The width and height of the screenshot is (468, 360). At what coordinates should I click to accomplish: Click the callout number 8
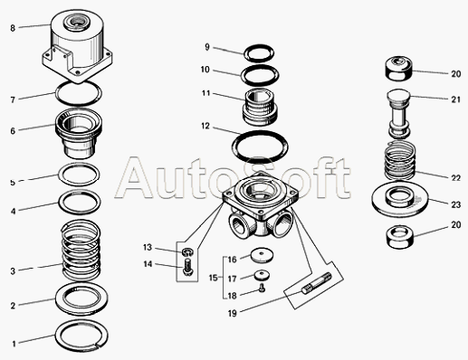[13, 28]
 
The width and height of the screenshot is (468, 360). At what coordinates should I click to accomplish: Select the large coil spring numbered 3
[81, 250]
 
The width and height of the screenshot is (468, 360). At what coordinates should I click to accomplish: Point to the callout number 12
[205, 126]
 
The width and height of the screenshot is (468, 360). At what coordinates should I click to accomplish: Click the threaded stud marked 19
[316, 282]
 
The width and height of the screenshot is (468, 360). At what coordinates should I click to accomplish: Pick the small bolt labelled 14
[187, 266]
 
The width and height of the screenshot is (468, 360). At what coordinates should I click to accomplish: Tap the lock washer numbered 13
[187, 251]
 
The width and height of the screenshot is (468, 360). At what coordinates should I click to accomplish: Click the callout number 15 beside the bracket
[214, 278]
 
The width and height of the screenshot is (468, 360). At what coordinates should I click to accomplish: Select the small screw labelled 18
[262, 289]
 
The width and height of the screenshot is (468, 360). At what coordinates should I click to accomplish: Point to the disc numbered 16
[262, 255]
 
